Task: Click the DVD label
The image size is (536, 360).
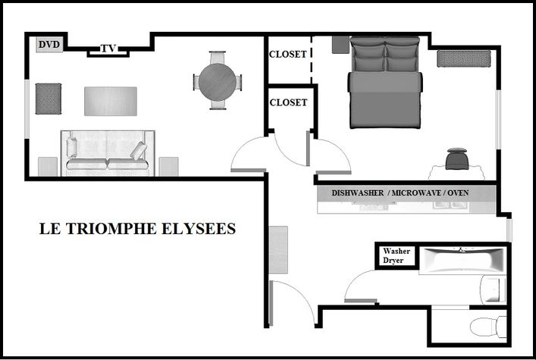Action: click(49, 44)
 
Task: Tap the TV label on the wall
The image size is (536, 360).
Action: click(108, 49)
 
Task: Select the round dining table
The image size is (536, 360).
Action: click(218, 82)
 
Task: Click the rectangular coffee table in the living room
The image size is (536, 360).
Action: click(111, 102)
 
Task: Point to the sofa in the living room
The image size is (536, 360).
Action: click(108, 153)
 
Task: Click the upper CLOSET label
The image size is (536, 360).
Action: click(288, 55)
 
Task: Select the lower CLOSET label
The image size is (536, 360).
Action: click(288, 102)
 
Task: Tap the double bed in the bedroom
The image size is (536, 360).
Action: click(385, 83)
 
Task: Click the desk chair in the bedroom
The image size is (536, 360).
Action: click(456, 158)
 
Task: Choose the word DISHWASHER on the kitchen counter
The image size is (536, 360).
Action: click(358, 193)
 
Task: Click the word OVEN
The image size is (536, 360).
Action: click(458, 193)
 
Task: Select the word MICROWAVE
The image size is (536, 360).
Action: click(416, 193)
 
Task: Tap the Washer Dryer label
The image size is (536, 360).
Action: click(397, 255)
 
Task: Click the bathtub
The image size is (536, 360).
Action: click(462, 261)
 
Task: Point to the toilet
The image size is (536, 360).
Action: click(488, 327)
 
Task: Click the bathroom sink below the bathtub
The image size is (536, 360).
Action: click(493, 290)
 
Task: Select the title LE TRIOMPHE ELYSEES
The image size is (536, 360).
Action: click(137, 229)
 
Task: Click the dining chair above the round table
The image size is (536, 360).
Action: click(218, 57)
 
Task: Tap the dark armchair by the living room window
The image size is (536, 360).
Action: click(49, 99)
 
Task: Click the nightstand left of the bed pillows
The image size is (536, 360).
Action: click(340, 45)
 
